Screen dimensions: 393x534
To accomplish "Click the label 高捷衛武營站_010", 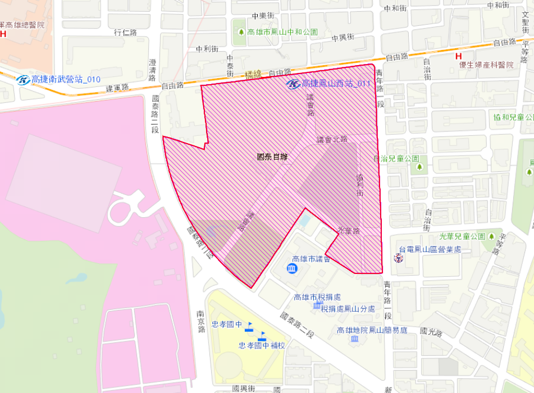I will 66,80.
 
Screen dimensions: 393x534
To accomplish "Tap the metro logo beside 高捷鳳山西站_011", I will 293,84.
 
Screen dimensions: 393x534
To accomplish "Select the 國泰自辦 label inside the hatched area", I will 272,157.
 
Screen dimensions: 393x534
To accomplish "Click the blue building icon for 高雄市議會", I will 293,269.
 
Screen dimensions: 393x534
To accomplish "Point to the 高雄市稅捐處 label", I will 317,297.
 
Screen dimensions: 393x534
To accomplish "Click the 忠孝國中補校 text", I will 262,345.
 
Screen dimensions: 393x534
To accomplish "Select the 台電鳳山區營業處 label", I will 430,249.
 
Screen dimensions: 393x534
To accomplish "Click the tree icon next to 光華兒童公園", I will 491,236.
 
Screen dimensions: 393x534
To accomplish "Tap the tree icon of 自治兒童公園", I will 418,167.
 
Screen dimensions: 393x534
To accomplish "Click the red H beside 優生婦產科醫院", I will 459,56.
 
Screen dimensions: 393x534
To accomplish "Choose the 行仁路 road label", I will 125,33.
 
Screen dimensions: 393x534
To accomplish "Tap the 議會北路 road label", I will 332,139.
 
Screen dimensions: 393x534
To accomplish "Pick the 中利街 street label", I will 207,49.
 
